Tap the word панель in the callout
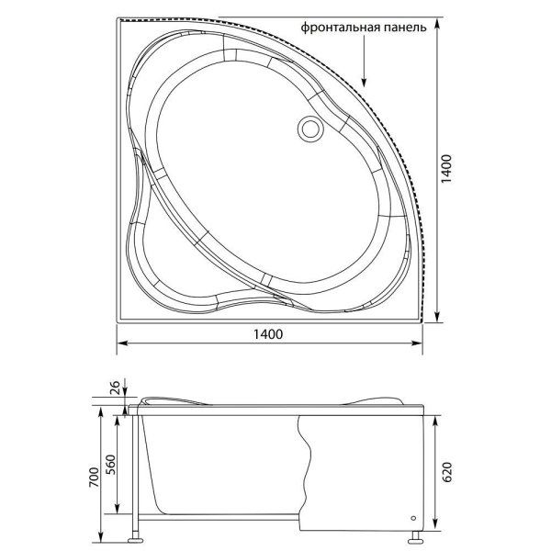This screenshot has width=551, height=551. (x=404, y=28)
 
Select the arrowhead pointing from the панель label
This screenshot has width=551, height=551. (x=365, y=83)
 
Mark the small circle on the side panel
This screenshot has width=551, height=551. (x=410, y=516)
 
